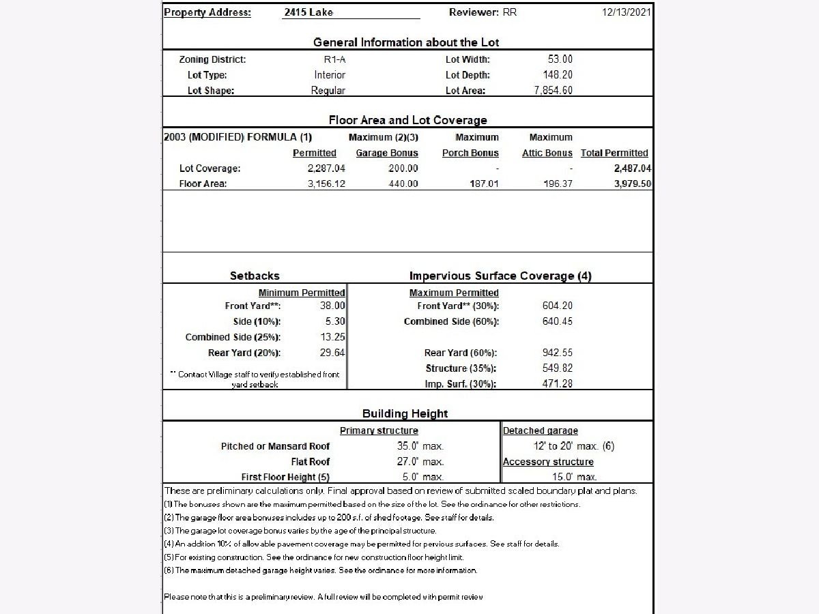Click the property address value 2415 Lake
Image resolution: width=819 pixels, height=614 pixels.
pos(308,12)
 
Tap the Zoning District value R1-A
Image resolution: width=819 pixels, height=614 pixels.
pos(330,59)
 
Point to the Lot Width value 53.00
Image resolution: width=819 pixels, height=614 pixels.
pos(560,59)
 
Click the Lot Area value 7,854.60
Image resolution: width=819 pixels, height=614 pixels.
pos(553,91)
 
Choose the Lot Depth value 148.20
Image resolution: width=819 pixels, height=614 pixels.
pos(558,75)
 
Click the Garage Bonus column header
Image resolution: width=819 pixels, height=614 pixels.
pos(387,153)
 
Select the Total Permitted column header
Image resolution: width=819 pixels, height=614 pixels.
pos(614,153)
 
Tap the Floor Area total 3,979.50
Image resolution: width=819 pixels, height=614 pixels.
pos(632,184)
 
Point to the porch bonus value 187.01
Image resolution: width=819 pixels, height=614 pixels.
pos(484,184)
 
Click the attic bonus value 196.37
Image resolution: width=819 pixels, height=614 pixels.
pos(558,184)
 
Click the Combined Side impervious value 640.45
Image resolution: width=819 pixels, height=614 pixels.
pos(558,321)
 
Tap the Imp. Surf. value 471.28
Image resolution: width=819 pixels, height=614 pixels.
pos(558,383)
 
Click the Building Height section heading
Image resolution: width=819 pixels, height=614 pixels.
pos(405,413)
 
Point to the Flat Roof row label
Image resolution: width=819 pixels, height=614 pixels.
pos(311,462)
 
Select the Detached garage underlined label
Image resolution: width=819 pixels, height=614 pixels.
pos(541,430)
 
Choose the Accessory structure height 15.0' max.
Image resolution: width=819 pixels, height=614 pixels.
pos(574,477)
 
